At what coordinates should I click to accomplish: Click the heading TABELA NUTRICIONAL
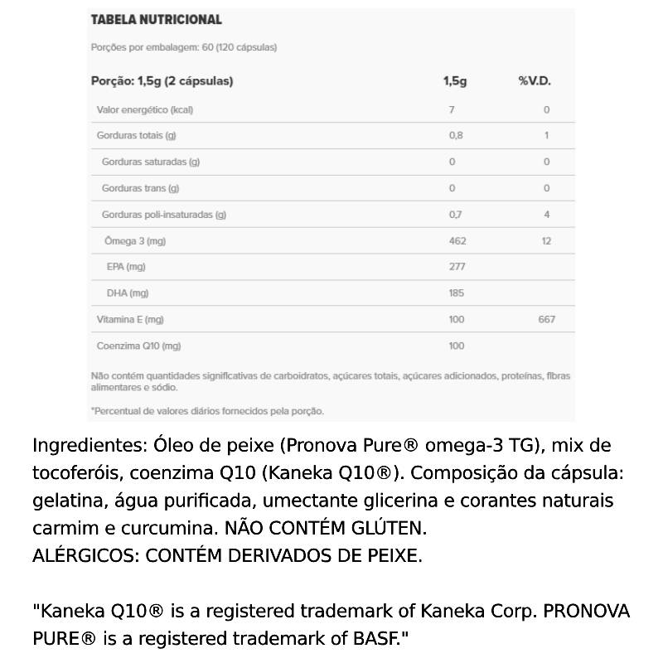click(x=156, y=19)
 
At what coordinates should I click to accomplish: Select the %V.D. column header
click(x=535, y=81)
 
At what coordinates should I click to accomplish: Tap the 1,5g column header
click(x=455, y=81)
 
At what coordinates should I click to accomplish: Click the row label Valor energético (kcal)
click(x=145, y=109)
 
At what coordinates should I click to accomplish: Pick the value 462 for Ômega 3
click(x=457, y=241)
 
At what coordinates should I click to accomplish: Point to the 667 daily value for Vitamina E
click(x=546, y=319)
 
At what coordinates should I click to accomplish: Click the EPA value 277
click(x=457, y=267)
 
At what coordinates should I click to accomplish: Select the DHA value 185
click(x=457, y=293)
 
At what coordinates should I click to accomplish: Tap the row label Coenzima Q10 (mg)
click(x=138, y=346)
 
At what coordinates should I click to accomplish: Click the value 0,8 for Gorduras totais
click(x=456, y=136)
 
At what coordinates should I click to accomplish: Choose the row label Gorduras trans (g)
click(x=140, y=188)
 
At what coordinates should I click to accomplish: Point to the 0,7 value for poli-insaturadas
click(x=455, y=215)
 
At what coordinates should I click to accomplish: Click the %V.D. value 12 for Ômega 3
click(x=546, y=241)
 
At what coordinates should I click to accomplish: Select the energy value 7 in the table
click(x=452, y=109)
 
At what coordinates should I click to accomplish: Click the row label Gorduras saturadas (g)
click(x=151, y=162)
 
